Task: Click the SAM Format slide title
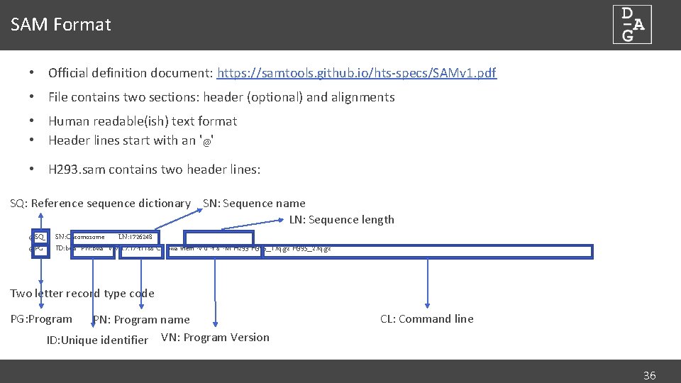pyautogui.click(x=61, y=25)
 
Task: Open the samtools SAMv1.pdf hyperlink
pyautogui.click(x=357, y=72)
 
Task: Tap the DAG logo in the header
pyautogui.click(x=632, y=25)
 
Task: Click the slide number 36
pyautogui.click(x=649, y=376)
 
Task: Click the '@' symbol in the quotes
pyautogui.click(x=207, y=141)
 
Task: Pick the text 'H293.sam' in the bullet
pyautogui.click(x=74, y=170)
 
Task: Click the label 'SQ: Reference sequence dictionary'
pyautogui.click(x=100, y=204)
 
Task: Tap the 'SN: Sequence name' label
pyautogui.click(x=254, y=204)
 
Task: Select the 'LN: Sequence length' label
pyautogui.click(x=341, y=220)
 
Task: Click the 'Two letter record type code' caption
pyautogui.click(x=82, y=294)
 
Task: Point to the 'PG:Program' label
pyautogui.click(x=41, y=319)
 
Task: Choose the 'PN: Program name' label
pyautogui.click(x=141, y=320)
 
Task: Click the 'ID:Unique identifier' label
pyautogui.click(x=97, y=340)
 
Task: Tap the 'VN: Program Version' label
pyautogui.click(x=215, y=338)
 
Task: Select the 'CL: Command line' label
pyautogui.click(x=426, y=319)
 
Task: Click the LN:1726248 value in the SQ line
pyautogui.click(x=135, y=237)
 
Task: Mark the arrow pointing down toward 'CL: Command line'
pyautogui.click(x=428, y=284)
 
